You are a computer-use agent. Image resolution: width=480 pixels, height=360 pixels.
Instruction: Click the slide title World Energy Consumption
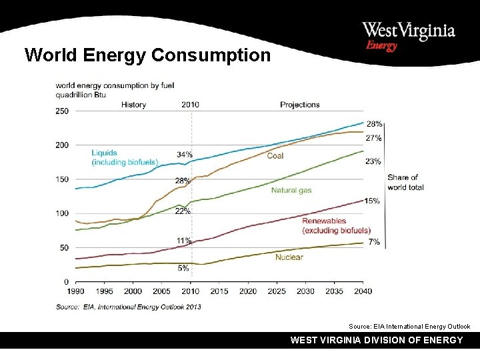click(x=147, y=55)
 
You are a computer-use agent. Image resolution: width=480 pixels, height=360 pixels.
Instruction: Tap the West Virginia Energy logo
click(x=408, y=36)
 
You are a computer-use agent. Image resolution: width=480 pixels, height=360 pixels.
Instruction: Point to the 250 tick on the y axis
click(x=61, y=111)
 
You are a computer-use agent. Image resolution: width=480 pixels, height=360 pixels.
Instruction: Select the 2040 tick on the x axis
click(x=363, y=291)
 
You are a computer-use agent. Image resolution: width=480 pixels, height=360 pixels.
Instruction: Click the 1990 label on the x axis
click(x=75, y=291)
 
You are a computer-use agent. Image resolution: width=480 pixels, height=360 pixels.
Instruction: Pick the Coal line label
click(x=275, y=155)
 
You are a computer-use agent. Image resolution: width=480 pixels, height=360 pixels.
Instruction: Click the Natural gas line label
click(x=291, y=191)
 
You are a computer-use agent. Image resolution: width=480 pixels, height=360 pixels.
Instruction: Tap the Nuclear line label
click(x=289, y=257)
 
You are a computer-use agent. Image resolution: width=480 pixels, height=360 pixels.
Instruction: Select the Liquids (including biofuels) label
click(x=124, y=157)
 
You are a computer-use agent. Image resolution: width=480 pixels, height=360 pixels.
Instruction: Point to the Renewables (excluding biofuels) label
click(x=336, y=225)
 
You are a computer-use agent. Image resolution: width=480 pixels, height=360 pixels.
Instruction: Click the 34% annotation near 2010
click(x=185, y=155)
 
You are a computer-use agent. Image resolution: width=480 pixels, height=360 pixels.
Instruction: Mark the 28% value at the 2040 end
click(x=374, y=124)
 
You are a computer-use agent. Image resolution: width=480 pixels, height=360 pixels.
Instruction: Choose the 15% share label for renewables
click(x=373, y=201)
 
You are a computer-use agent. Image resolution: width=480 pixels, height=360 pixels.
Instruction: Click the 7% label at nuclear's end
click(x=374, y=242)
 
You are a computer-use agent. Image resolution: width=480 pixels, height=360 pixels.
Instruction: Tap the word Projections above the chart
click(x=299, y=105)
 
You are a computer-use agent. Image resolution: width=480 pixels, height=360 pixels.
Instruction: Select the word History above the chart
click(x=133, y=105)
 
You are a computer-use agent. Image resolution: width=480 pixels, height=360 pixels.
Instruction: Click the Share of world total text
click(x=405, y=182)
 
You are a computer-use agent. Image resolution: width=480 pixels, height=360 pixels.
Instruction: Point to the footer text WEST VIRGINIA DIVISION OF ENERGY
click(x=377, y=340)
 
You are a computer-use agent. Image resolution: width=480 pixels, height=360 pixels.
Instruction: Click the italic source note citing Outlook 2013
click(x=128, y=307)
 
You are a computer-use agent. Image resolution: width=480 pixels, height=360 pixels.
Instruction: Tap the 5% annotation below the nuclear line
click(x=183, y=268)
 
